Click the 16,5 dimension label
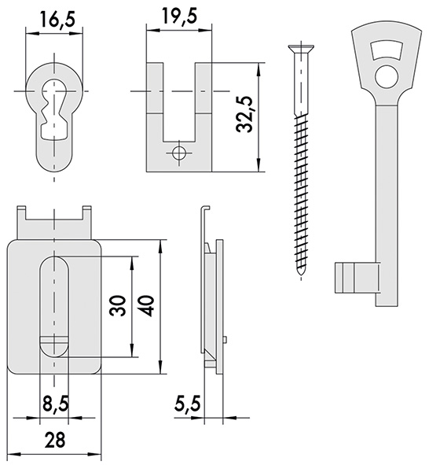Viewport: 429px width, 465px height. [57, 20]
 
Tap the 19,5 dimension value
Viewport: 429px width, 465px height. [179, 16]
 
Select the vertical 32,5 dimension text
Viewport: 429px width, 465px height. [245, 114]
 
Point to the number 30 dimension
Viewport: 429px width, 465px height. [118, 305]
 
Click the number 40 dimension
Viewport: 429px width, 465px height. [145, 305]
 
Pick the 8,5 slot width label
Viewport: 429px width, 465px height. [56, 404]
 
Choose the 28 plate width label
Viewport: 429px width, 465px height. [55, 440]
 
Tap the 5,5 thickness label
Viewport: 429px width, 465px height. [188, 404]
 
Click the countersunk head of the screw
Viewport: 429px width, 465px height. [301, 49]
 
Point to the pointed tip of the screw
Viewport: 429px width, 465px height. [301, 274]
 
